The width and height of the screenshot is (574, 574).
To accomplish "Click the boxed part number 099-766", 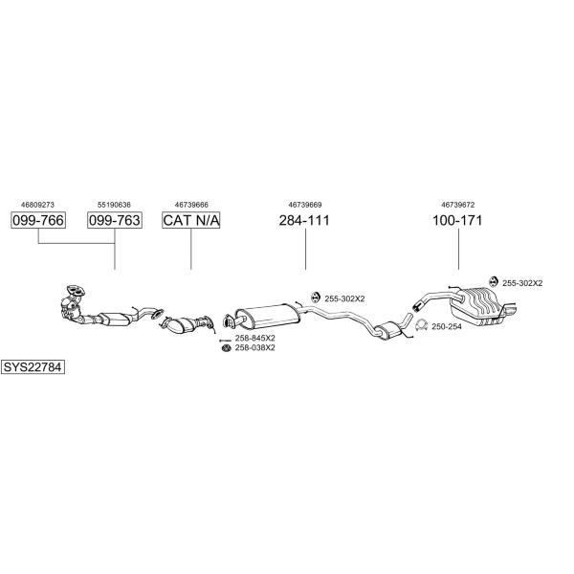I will pos(38,221).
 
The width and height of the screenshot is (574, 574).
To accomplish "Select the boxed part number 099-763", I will pos(115,221).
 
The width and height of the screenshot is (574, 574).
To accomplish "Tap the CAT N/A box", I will pos(191,221).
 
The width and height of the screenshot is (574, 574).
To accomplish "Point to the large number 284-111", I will pos(304,221).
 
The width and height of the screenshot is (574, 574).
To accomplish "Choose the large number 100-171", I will pos(457,221).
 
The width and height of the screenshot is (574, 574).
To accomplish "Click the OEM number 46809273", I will pos(38,204).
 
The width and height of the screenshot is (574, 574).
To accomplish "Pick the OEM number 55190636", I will pos(115,204).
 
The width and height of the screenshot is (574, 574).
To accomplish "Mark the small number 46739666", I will pos(191,204).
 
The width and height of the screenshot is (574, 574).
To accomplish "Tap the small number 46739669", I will pos(304,204).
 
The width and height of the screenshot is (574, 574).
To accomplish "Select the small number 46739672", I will pos(457,204).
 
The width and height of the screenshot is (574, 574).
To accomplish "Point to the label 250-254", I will pos(446,327).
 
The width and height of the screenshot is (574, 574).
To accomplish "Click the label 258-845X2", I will pos(255,338).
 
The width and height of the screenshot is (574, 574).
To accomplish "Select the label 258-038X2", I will pos(255,348).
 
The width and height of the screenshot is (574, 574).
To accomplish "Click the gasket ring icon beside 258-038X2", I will pos(225,348).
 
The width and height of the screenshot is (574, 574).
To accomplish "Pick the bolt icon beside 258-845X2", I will pos(225,339).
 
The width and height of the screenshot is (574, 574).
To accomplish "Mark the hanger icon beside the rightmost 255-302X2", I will pos(492,282).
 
